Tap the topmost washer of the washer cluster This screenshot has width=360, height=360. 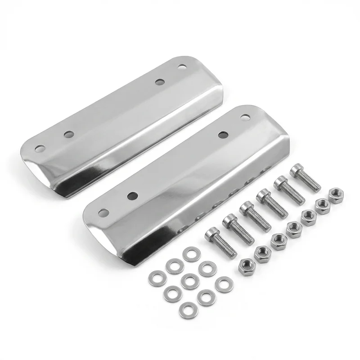189,255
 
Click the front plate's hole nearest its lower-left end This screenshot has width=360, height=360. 104,212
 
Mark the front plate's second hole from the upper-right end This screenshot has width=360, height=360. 222,135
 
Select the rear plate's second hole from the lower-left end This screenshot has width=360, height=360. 68,134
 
